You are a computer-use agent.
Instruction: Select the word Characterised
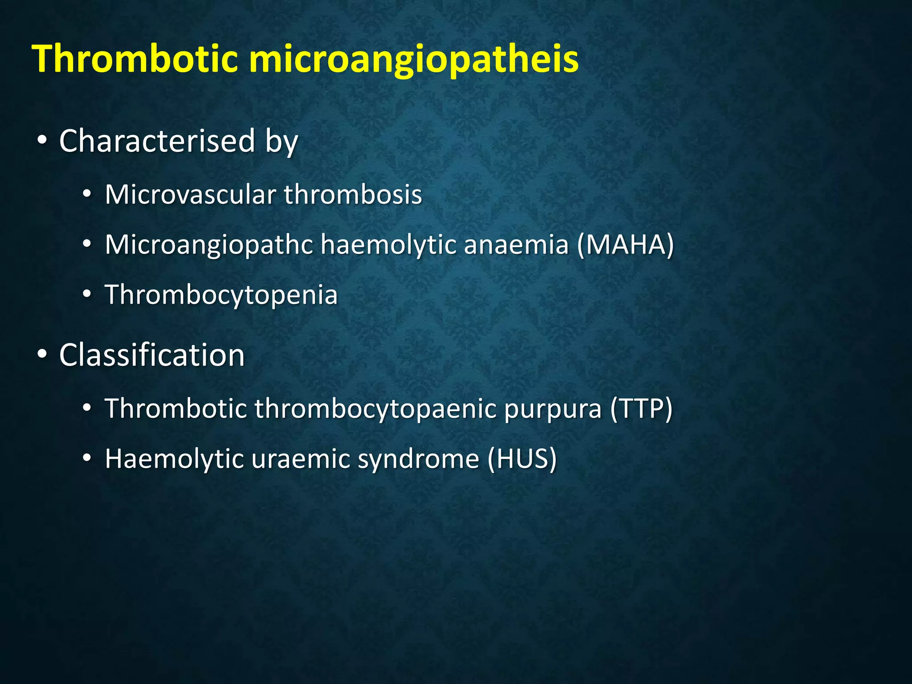(157, 141)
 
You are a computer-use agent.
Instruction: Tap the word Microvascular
(190, 195)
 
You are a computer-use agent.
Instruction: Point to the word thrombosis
(353, 195)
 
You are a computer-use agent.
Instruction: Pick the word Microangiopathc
(208, 245)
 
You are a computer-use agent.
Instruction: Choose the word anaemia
(516, 245)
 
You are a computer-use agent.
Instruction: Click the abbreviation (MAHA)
(626, 245)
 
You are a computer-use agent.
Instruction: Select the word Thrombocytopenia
(221, 295)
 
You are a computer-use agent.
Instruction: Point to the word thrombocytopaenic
(375, 409)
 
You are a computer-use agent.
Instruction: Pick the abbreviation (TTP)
(641, 408)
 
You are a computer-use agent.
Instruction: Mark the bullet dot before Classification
(42, 355)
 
